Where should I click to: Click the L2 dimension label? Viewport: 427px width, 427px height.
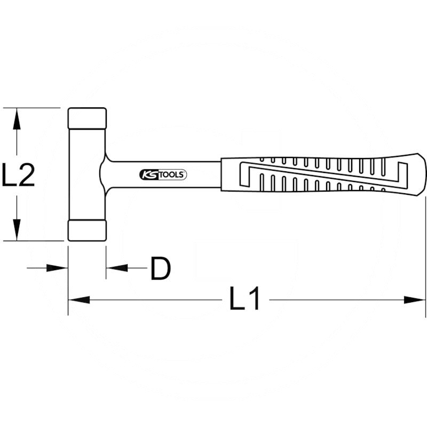tap(19, 175)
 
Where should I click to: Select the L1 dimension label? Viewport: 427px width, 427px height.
tap(245, 299)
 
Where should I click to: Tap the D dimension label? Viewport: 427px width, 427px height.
tap(160, 268)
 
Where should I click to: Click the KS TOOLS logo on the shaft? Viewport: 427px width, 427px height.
tap(163, 175)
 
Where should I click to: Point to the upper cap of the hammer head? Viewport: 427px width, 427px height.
tap(87, 117)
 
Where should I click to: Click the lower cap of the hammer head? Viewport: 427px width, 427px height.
tap(87, 231)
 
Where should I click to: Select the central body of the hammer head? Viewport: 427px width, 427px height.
tap(85, 174)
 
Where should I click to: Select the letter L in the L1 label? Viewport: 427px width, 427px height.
tap(237, 299)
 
